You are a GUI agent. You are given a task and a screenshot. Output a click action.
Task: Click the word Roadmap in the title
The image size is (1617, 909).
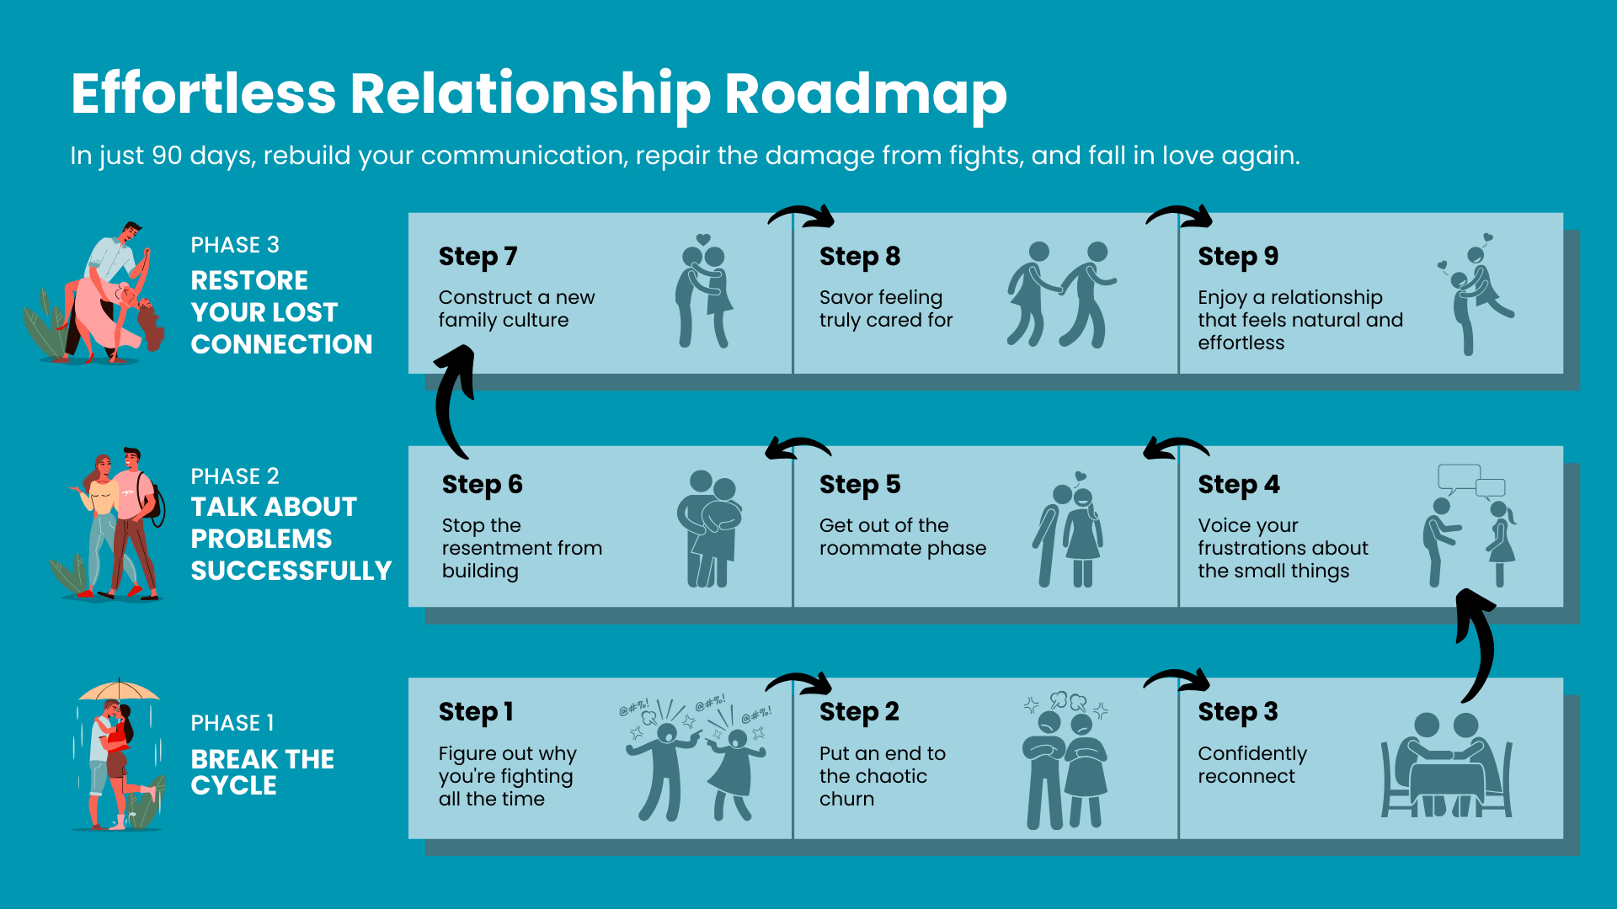866,94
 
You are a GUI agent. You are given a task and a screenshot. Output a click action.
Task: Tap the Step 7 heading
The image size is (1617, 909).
478,256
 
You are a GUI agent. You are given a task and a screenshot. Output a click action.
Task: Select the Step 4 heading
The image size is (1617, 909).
1239,485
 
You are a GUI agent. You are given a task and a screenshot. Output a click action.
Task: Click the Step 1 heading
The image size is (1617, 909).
476,712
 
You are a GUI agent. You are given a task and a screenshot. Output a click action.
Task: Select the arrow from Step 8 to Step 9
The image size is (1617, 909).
1179,215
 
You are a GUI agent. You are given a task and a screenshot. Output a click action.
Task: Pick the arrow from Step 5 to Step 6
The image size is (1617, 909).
798,447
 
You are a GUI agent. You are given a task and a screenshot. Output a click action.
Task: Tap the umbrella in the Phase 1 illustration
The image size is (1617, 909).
119,690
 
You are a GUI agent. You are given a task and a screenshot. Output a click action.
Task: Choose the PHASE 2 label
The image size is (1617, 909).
235,476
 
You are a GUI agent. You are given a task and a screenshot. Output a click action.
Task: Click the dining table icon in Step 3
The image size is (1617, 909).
1447,766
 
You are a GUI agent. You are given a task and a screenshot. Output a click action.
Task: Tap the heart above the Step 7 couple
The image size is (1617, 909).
704,239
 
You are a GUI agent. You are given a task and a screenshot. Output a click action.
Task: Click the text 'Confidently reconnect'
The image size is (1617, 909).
1252,764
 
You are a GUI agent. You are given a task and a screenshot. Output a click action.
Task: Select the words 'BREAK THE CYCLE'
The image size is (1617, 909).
263,772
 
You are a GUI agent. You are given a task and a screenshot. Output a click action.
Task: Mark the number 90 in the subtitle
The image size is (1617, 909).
167,156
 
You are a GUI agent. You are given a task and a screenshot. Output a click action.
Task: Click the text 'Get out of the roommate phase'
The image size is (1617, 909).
903,537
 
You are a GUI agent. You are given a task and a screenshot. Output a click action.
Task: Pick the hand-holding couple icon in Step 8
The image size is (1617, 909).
1061,295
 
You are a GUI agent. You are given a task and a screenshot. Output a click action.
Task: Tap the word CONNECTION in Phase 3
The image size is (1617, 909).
281,344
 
